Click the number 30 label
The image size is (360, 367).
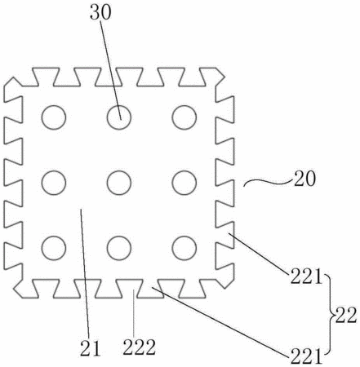100,13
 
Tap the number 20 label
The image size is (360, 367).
305,179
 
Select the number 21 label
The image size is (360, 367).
91,348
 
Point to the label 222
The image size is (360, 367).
140,347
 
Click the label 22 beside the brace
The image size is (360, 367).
345,316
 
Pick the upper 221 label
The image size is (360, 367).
306,276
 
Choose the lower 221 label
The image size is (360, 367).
306,356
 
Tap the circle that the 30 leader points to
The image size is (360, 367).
119,105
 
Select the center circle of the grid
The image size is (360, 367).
119,170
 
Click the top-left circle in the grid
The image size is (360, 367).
54,105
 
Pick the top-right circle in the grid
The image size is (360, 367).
184,105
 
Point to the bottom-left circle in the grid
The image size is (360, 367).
54,236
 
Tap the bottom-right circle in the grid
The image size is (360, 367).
184,236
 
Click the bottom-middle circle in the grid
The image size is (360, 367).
119,236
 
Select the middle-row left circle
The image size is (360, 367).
54,170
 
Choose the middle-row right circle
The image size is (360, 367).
184,170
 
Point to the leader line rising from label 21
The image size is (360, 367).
85,274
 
